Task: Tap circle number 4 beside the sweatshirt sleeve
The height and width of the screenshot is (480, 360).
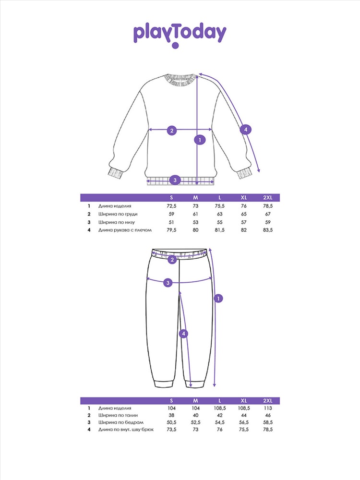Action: coord(245,130)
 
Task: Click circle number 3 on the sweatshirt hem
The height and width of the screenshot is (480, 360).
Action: coord(175,180)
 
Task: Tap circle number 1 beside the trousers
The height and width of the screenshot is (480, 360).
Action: coord(218,299)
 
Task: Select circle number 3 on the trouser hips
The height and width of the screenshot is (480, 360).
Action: coord(168,283)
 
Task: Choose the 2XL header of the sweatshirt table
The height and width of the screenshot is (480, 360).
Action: coord(268,197)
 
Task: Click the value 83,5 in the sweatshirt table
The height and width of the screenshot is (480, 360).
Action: coord(268,230)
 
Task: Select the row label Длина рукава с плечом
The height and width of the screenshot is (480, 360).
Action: coord(125,230)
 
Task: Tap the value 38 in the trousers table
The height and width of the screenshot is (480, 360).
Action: coord(171,415)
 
